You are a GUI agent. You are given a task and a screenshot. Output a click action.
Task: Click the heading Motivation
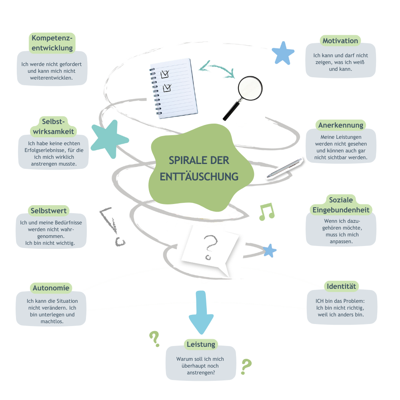coord(340,41)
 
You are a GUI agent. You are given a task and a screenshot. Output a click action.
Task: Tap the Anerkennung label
coord(341,125)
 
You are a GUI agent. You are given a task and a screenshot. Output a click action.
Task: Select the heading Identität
coord(341,286)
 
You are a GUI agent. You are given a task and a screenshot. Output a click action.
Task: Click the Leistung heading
coord(201,344)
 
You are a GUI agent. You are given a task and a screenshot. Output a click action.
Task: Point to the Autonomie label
coord(51,288)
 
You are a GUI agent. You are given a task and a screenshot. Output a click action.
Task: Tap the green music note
coord(267,212)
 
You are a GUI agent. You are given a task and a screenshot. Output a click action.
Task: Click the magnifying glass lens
coord(250,88)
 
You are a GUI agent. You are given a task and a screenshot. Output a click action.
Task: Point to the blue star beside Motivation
coord(283,53)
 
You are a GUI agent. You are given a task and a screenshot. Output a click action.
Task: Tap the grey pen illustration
coord(285,168)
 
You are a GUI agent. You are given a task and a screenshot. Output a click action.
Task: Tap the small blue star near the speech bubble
coord(270,250)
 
